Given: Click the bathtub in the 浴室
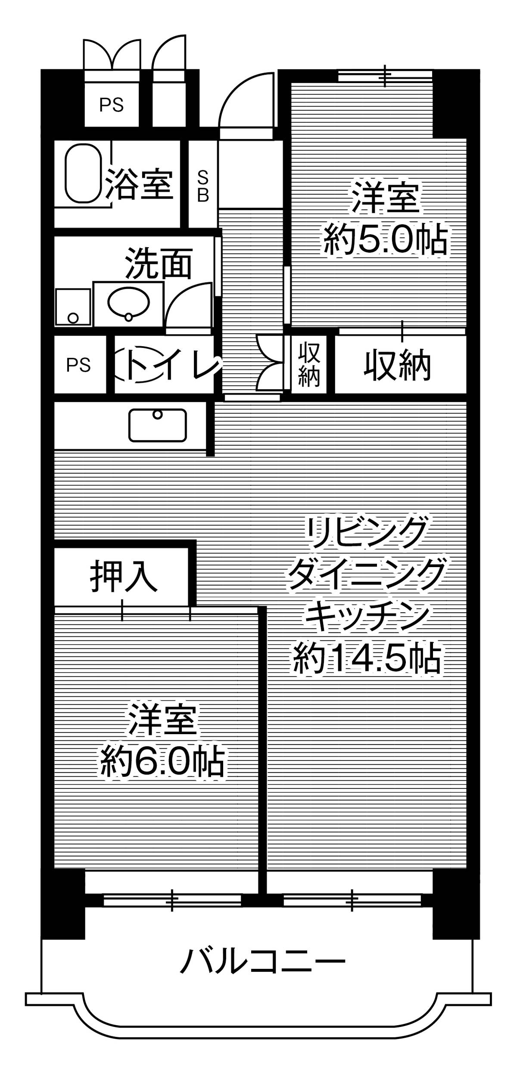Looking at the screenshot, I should point(84,173).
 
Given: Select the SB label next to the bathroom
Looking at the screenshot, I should point(203,186).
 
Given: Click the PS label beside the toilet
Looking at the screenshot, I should point(78,365).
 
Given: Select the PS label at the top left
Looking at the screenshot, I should point(112,105).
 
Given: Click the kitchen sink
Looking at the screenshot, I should point(158,425).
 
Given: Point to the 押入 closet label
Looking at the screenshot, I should point(123,576).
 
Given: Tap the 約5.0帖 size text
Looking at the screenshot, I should point(385,239).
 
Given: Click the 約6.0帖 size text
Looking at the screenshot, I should point(162,763).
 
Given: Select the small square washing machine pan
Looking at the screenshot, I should point(73,307).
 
